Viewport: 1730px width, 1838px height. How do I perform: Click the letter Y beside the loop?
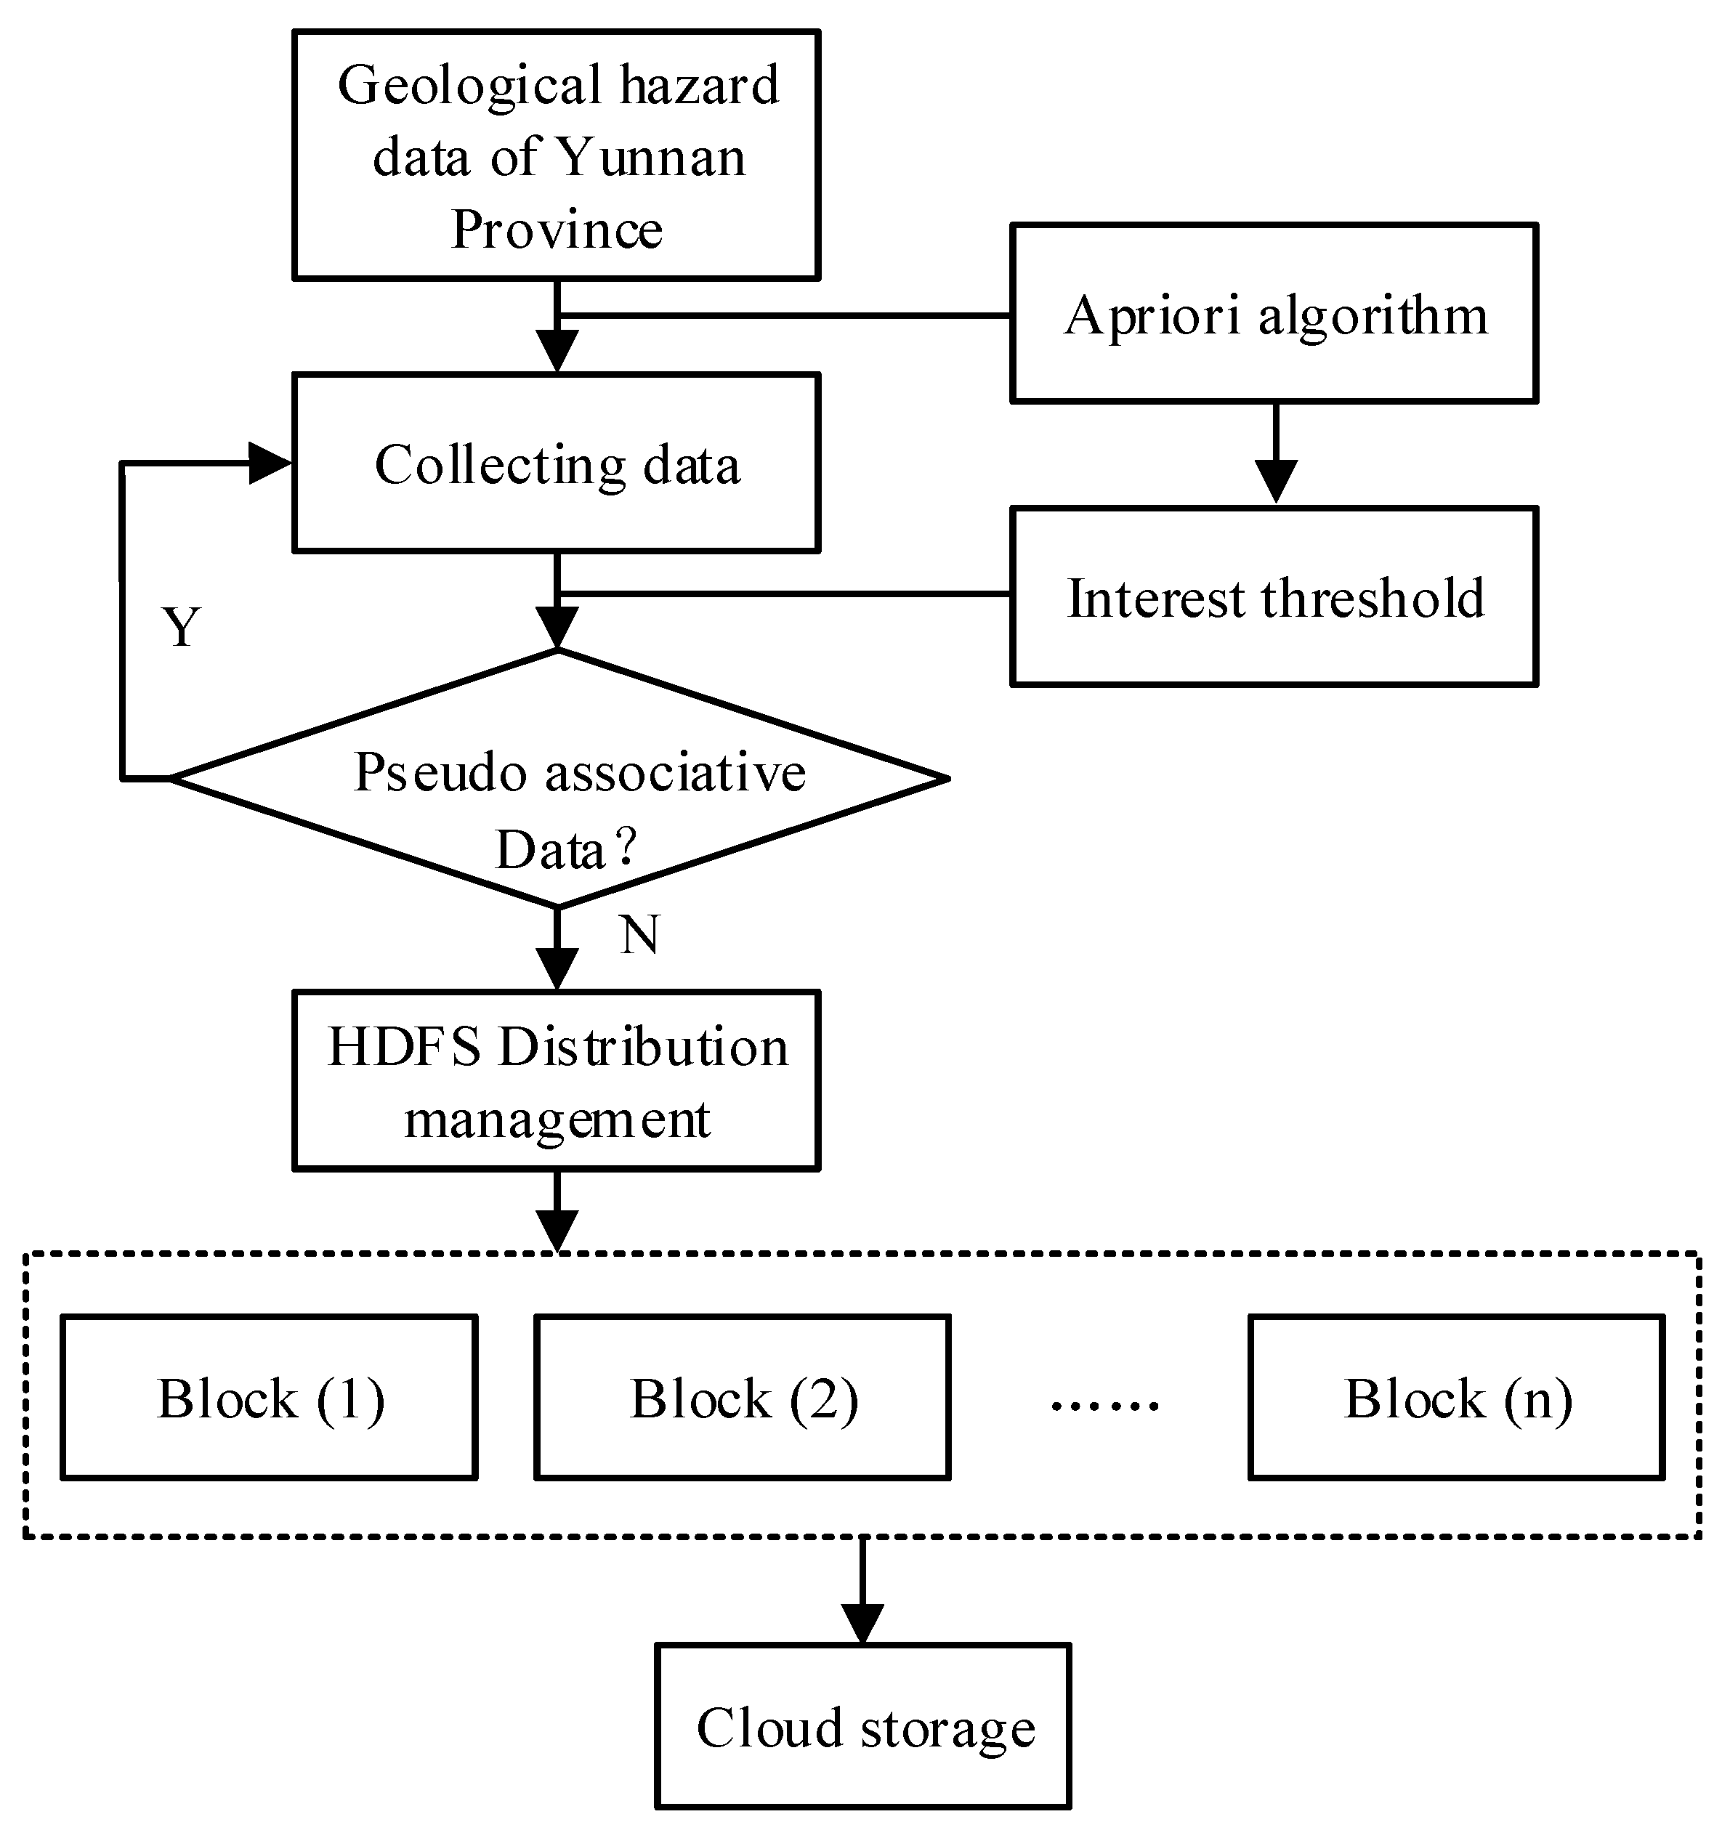point(181,628)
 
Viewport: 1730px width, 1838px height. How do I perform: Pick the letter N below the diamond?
point(639,935)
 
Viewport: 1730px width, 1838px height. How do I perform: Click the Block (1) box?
point(269,1398)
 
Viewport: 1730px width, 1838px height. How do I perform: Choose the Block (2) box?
point(743,1398)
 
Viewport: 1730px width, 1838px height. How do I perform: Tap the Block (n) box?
point(1456,1398)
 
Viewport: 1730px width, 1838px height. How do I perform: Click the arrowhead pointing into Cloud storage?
point(862,1624)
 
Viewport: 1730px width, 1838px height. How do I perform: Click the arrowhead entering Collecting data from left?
point(270,463)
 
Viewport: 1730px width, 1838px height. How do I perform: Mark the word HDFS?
point(404,1047)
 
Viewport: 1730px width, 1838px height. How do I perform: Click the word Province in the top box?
point(557,230)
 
